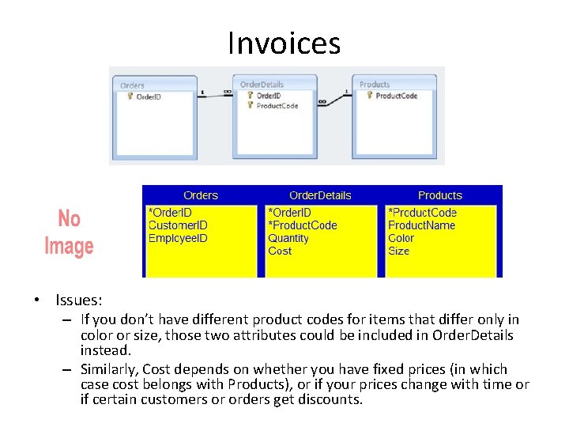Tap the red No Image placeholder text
tap(69, 232)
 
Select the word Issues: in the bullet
tap(78, 300)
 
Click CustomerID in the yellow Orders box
tap(178, 225)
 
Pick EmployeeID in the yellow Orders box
tap(179, 238)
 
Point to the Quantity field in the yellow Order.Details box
tap(288, 238)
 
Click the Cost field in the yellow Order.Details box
tap(280, 251)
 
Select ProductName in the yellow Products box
tap(421, 225)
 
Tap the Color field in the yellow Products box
tap(401, 238)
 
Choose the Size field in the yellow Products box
tap(398, 251)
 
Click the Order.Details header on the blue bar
tap(320, 195)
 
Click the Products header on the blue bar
tap(439, 195)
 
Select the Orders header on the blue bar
tap(200, 195)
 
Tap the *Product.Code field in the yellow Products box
tap(422, 213)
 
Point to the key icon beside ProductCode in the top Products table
tap(369, 96)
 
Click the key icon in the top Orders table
tap(130, 96)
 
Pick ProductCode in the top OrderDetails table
tap(277, 105)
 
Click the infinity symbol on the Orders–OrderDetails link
tap(228, 93)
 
